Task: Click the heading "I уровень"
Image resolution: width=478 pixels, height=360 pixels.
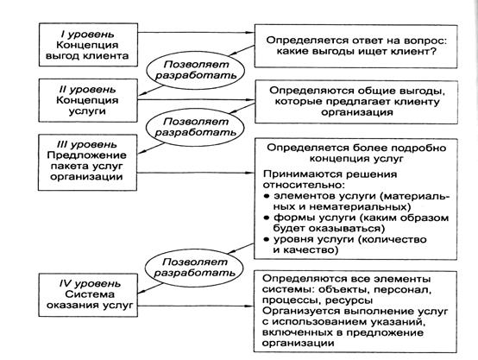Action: [87, 35]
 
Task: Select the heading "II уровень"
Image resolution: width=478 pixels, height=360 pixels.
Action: [87, 90]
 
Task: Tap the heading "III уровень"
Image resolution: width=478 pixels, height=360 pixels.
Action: [87, 145]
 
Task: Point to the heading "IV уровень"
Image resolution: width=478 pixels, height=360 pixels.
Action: [90, 284]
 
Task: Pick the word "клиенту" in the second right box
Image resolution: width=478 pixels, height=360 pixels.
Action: [418, 102]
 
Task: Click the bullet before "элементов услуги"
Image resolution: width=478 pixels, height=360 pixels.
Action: [267, 197]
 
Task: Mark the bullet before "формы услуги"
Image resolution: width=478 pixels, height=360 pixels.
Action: [267, 218]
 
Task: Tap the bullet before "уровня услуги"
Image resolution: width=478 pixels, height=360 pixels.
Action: [267, 239]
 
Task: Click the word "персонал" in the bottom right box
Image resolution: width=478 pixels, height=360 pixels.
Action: [402, 290]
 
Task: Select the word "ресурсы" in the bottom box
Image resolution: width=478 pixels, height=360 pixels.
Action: [349, 300]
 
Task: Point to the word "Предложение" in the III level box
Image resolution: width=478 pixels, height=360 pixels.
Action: [87, 155]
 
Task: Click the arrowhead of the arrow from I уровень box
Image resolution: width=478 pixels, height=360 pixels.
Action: [250, 32]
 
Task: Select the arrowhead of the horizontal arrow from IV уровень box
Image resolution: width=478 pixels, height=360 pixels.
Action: [249, 306]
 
